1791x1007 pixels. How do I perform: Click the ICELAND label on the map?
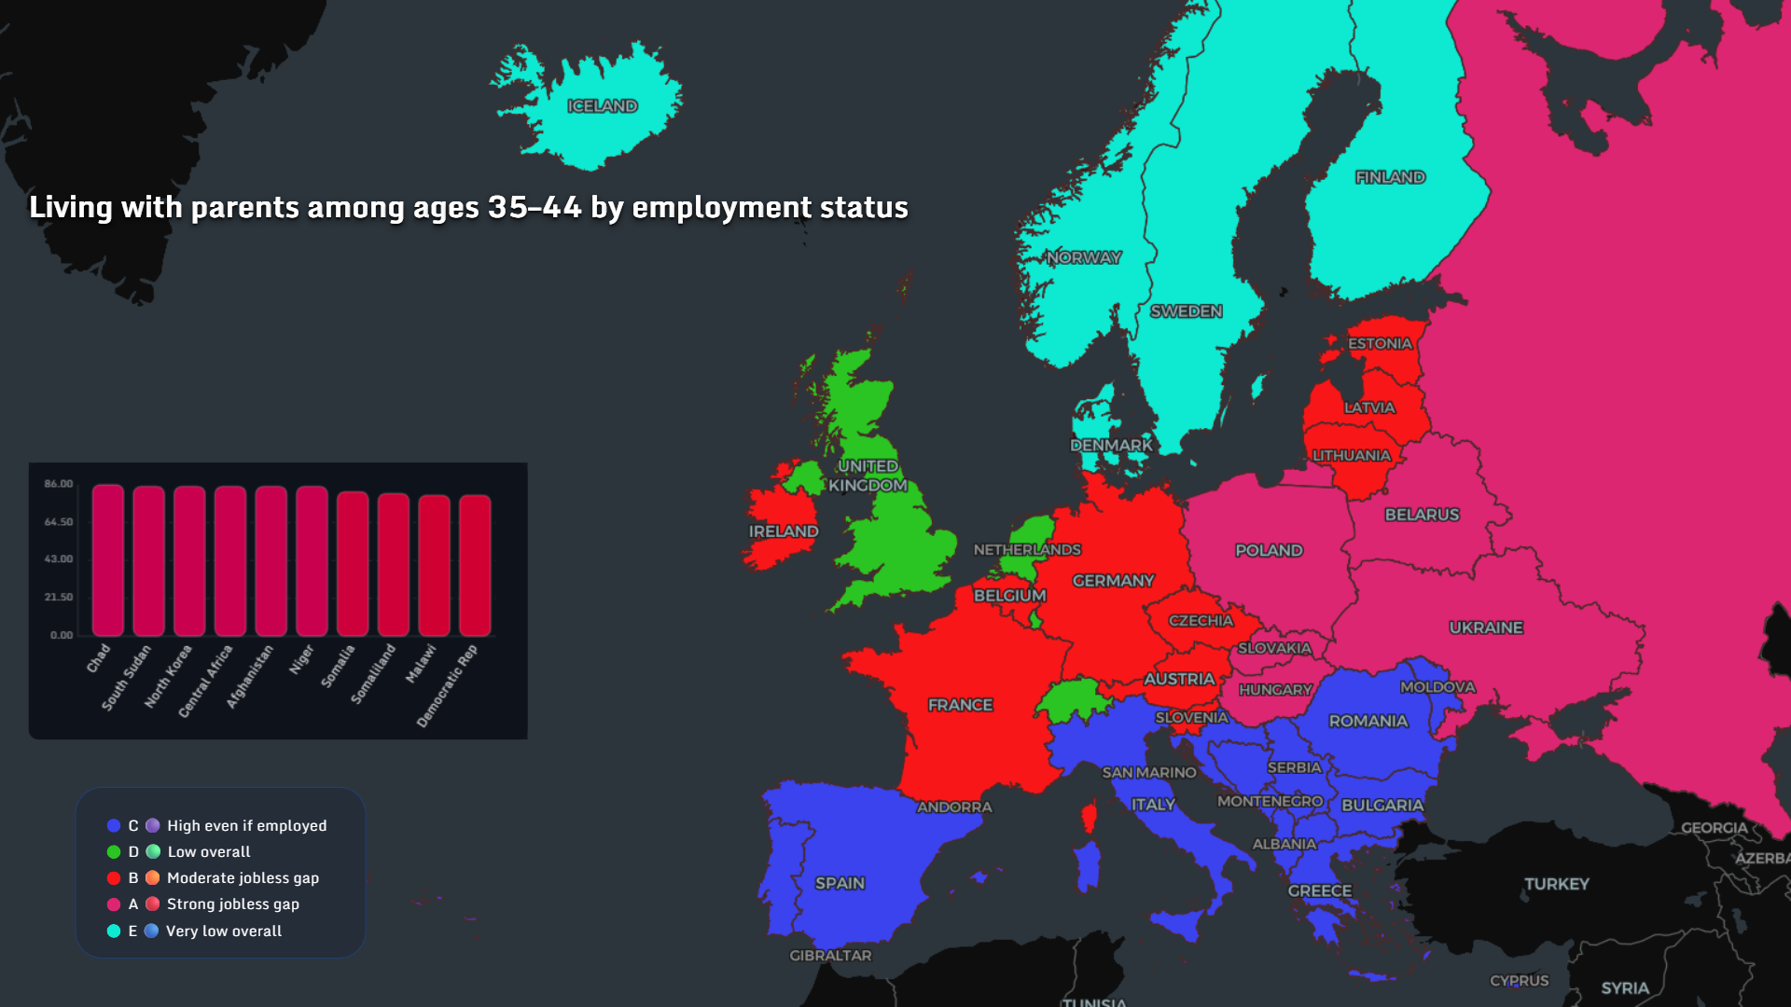603,106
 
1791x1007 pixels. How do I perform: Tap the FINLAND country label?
1390,177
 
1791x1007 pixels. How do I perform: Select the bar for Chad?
108,560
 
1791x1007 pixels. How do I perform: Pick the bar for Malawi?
434,566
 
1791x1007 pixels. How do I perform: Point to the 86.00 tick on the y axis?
59,484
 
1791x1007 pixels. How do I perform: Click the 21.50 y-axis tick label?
59,598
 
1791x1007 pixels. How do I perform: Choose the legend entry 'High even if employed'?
246,826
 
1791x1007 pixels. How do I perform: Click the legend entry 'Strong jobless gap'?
232,904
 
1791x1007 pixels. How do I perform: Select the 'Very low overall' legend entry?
223,931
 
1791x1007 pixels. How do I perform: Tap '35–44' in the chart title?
535,207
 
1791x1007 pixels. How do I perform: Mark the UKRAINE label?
1486,628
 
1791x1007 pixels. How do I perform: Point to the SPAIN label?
840,883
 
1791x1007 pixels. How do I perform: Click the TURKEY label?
1556,884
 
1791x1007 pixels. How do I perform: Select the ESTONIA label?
1380,344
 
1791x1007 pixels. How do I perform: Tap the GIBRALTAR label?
830,956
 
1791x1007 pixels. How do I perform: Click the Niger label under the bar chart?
301,660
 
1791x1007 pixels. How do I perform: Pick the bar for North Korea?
189,561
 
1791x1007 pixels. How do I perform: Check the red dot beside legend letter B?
114,878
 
